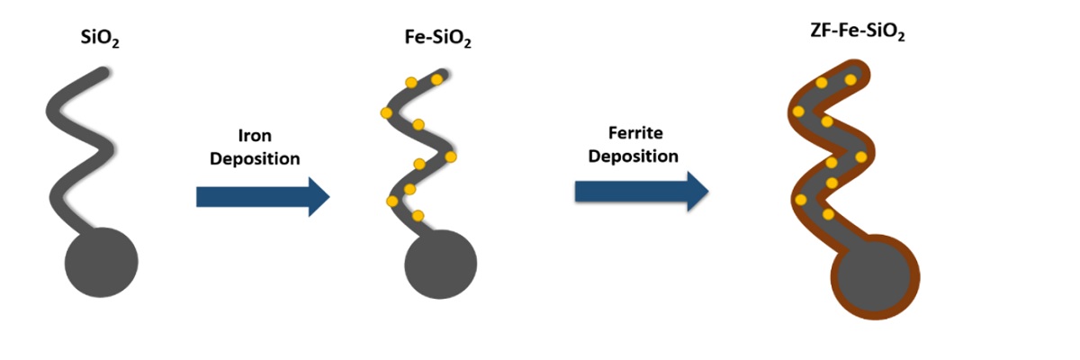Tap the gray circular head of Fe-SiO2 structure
point(440,267)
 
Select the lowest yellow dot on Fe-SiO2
point(418,215)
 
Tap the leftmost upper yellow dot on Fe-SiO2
point(387,112)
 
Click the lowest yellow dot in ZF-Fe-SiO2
point(828,215)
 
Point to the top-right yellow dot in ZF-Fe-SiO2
point(850,79)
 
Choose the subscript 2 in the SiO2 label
point(113,47)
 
